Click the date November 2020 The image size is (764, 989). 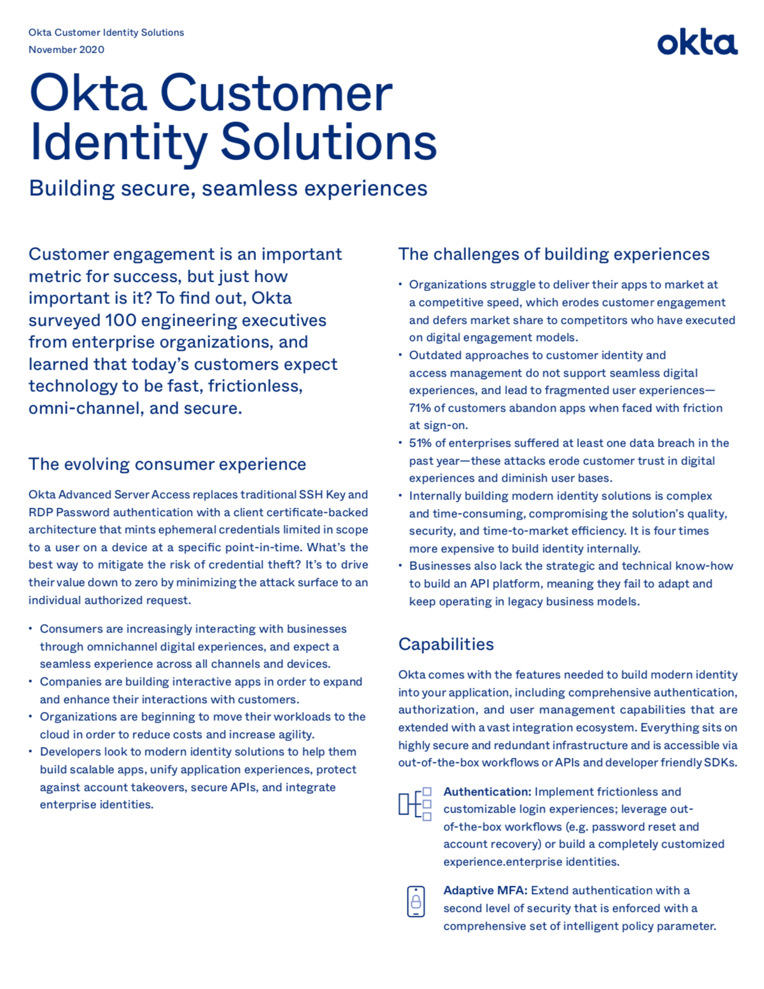(x=66, y=50)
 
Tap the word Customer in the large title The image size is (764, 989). (x=276, y=94)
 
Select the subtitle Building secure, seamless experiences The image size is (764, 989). (x=228, y=188)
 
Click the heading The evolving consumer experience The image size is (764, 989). (x=167, y=464)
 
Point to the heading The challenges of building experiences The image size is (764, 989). (x=553, y=254)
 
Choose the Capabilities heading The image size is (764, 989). (x=446, y=644)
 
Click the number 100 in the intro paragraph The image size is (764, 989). (x=122, y=320)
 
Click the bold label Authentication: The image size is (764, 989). (x=487, y=792)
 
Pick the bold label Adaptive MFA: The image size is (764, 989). (x=485, y=890)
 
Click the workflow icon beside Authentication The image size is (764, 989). (x=415, y=804)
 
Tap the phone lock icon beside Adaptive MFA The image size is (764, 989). (x=416, y=901)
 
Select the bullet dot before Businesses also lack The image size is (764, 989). (x=400, y=566)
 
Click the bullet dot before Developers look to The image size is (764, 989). (x=31, y=752)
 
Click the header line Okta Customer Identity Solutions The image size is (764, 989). (x=106, y=32)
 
